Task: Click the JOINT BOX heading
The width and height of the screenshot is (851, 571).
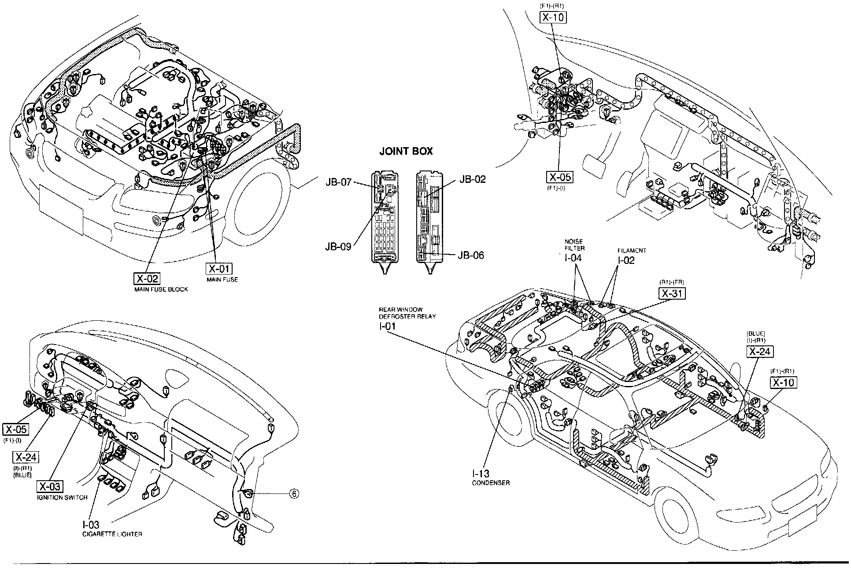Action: (406, 152)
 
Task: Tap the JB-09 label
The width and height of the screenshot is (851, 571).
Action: (338, 247)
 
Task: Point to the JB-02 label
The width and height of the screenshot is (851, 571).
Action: (472, 179)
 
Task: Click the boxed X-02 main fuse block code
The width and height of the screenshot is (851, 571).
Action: (147, 279)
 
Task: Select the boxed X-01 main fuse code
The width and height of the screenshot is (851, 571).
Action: (219, 269)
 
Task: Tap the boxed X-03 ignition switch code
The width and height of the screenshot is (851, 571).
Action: (49, 486)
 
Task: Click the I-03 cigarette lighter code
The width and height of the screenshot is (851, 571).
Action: (91, 525)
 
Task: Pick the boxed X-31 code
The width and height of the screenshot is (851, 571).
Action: (672, 293)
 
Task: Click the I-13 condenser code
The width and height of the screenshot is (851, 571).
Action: (481, 474)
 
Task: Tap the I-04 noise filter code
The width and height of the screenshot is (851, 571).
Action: (573, 258)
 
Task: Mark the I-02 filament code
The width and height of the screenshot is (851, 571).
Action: (625, 260)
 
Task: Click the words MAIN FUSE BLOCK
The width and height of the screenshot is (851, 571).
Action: (161, 289)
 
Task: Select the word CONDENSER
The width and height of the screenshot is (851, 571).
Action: (491, 483)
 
